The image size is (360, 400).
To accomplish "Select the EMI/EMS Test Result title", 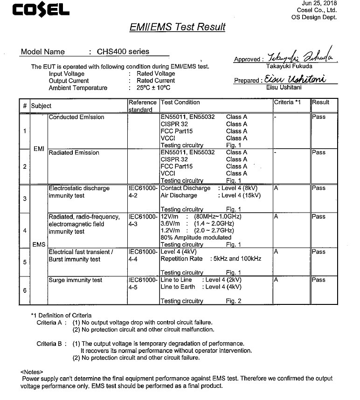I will click(x=177, y=27).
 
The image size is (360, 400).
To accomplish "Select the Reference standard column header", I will click(x=143, y=106).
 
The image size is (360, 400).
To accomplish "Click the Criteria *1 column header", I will click(x=287, y=103).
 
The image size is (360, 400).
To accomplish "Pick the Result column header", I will click(x=321, y=103).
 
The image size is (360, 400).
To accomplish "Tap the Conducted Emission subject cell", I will click(x=76, y=117).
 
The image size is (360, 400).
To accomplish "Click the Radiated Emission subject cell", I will click(x=74, y=152).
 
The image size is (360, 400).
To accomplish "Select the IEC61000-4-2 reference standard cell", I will click(x=143, y=192).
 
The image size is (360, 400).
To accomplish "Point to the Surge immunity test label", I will click(x=75, y=280).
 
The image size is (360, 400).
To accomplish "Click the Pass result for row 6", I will click(x=319, y=280).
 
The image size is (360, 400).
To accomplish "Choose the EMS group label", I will click(x=39, y=244).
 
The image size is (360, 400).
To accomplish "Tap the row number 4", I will click(x=24, y=230).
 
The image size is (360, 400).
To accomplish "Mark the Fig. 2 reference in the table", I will click(x=234, y=301).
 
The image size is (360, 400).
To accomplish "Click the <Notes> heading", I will click(x=32, y=372).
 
